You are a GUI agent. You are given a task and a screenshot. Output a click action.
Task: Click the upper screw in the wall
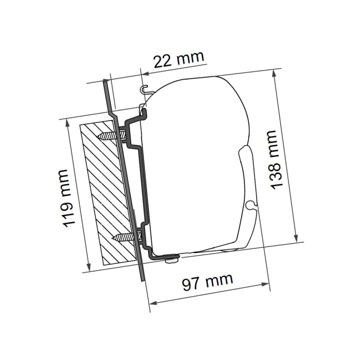(110, 136)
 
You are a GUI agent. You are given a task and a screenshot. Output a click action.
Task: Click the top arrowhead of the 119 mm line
(68, 123)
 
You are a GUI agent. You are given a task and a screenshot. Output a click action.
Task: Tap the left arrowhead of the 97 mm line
(152, 303)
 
